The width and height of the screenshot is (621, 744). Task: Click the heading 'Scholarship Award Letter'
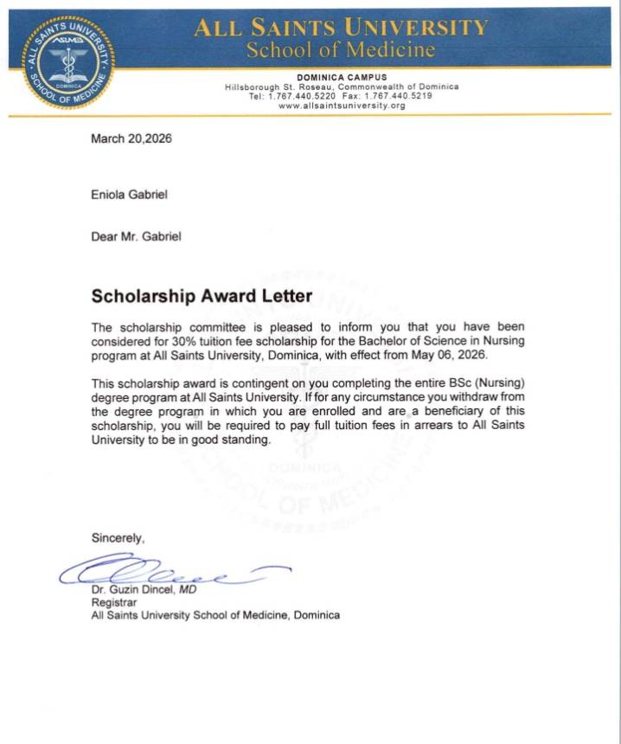tap(202, 296)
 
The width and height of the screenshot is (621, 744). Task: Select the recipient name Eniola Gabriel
tap(130, 195)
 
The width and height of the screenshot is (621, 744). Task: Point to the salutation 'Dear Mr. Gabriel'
tap(137, 236)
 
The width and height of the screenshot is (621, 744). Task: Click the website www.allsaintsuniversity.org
tap(342, 106)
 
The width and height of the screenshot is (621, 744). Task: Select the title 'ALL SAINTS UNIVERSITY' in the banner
tap(341, 28)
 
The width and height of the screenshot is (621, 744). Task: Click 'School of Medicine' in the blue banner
tap(341, 49)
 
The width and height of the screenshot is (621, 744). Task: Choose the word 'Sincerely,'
tap(118, 538)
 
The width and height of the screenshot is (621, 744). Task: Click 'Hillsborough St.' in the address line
tap(259, 87)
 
